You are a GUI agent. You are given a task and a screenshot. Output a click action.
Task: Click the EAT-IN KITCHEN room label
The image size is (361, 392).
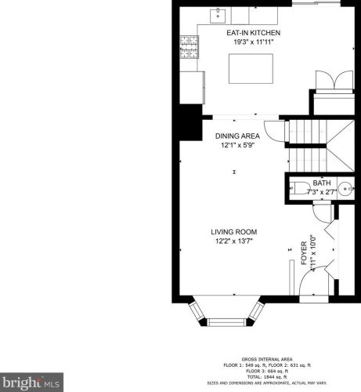[x=252, y=33]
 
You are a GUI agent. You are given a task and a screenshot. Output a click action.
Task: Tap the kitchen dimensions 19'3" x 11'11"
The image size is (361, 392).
[x=252, y=42]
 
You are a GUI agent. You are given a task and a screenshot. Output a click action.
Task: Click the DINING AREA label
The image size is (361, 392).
[x=236, y=136]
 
